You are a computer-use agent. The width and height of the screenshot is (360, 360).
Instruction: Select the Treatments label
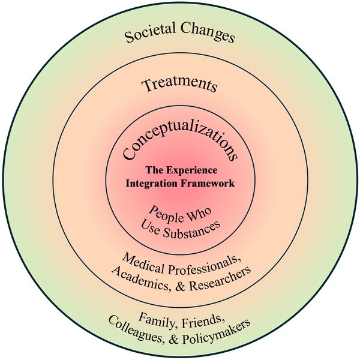coord(179,85)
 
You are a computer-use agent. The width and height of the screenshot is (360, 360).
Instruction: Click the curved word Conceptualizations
coord(180,144)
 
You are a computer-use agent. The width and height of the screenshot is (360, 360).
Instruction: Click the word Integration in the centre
coord(151,184)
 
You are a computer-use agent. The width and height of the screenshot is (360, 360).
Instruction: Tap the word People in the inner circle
coord(163,212)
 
